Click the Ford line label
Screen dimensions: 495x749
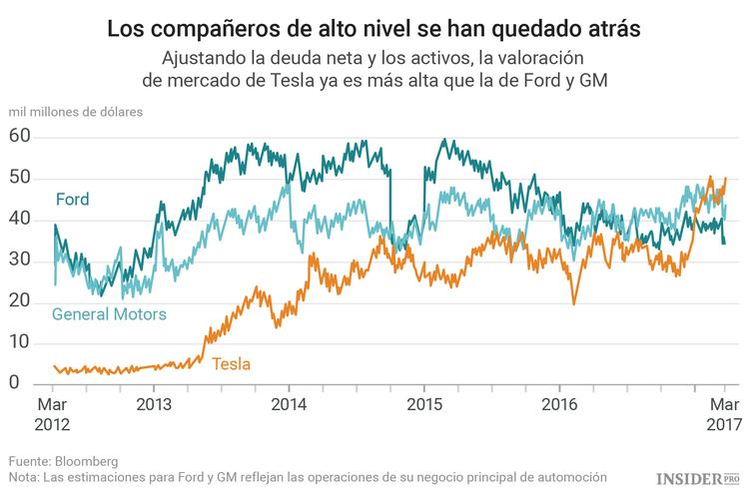click(72, 200)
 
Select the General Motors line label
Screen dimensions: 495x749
click(109, 314)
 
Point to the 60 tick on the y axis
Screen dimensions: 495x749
click(21, 137)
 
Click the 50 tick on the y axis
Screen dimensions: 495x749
click(21, 179)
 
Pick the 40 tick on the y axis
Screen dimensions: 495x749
click(21, 220)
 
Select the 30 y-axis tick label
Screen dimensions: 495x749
click(21, 261)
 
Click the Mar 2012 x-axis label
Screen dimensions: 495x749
click(53, 414)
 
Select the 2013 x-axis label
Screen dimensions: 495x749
click(153, 405)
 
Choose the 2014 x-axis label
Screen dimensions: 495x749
click(288, 405)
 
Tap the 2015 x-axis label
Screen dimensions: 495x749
click(422, 405)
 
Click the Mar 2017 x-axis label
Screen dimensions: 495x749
click(724, 414)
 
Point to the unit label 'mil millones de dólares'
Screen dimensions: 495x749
click(76, 111)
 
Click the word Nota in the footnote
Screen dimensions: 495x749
click(24, 477)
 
